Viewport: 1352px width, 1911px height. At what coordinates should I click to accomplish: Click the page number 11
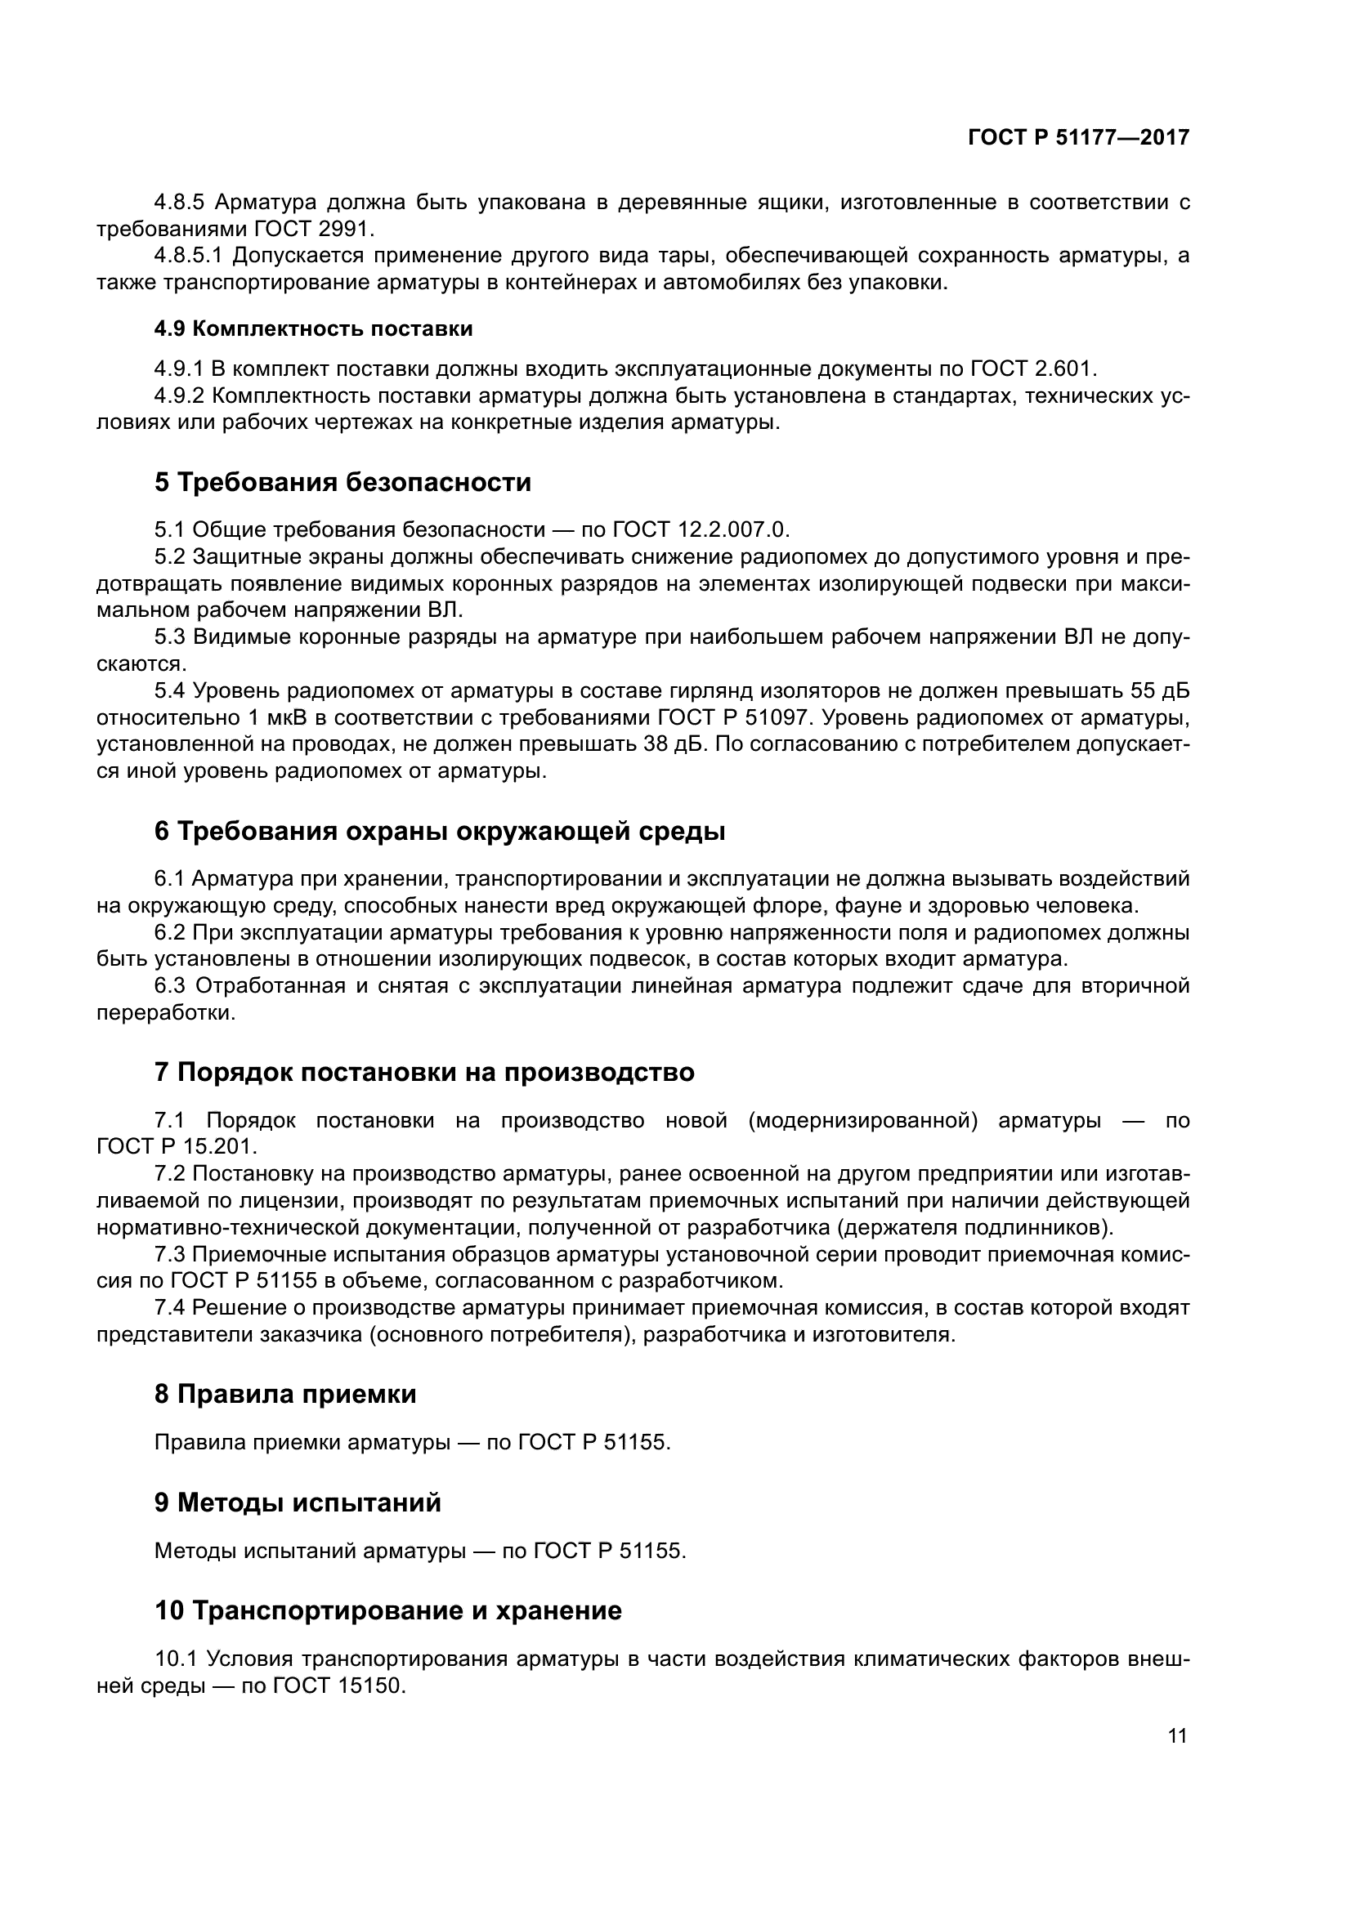[1177, 1735]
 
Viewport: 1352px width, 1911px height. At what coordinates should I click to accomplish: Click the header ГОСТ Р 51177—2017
[1079, 138]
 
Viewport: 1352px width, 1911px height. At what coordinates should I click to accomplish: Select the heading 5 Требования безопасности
[342, 482]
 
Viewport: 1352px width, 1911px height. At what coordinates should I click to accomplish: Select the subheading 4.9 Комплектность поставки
[313, 328]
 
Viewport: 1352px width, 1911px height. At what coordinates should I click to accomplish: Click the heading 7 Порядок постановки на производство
[423, 1072]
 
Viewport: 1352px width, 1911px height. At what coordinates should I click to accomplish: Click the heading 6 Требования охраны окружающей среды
[440, 831]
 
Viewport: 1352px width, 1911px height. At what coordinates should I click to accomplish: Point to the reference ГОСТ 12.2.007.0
[700, 529]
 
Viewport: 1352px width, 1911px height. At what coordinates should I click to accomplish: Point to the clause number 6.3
[170, 986]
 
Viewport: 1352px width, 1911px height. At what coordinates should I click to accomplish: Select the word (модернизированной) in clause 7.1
[862, 1119]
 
